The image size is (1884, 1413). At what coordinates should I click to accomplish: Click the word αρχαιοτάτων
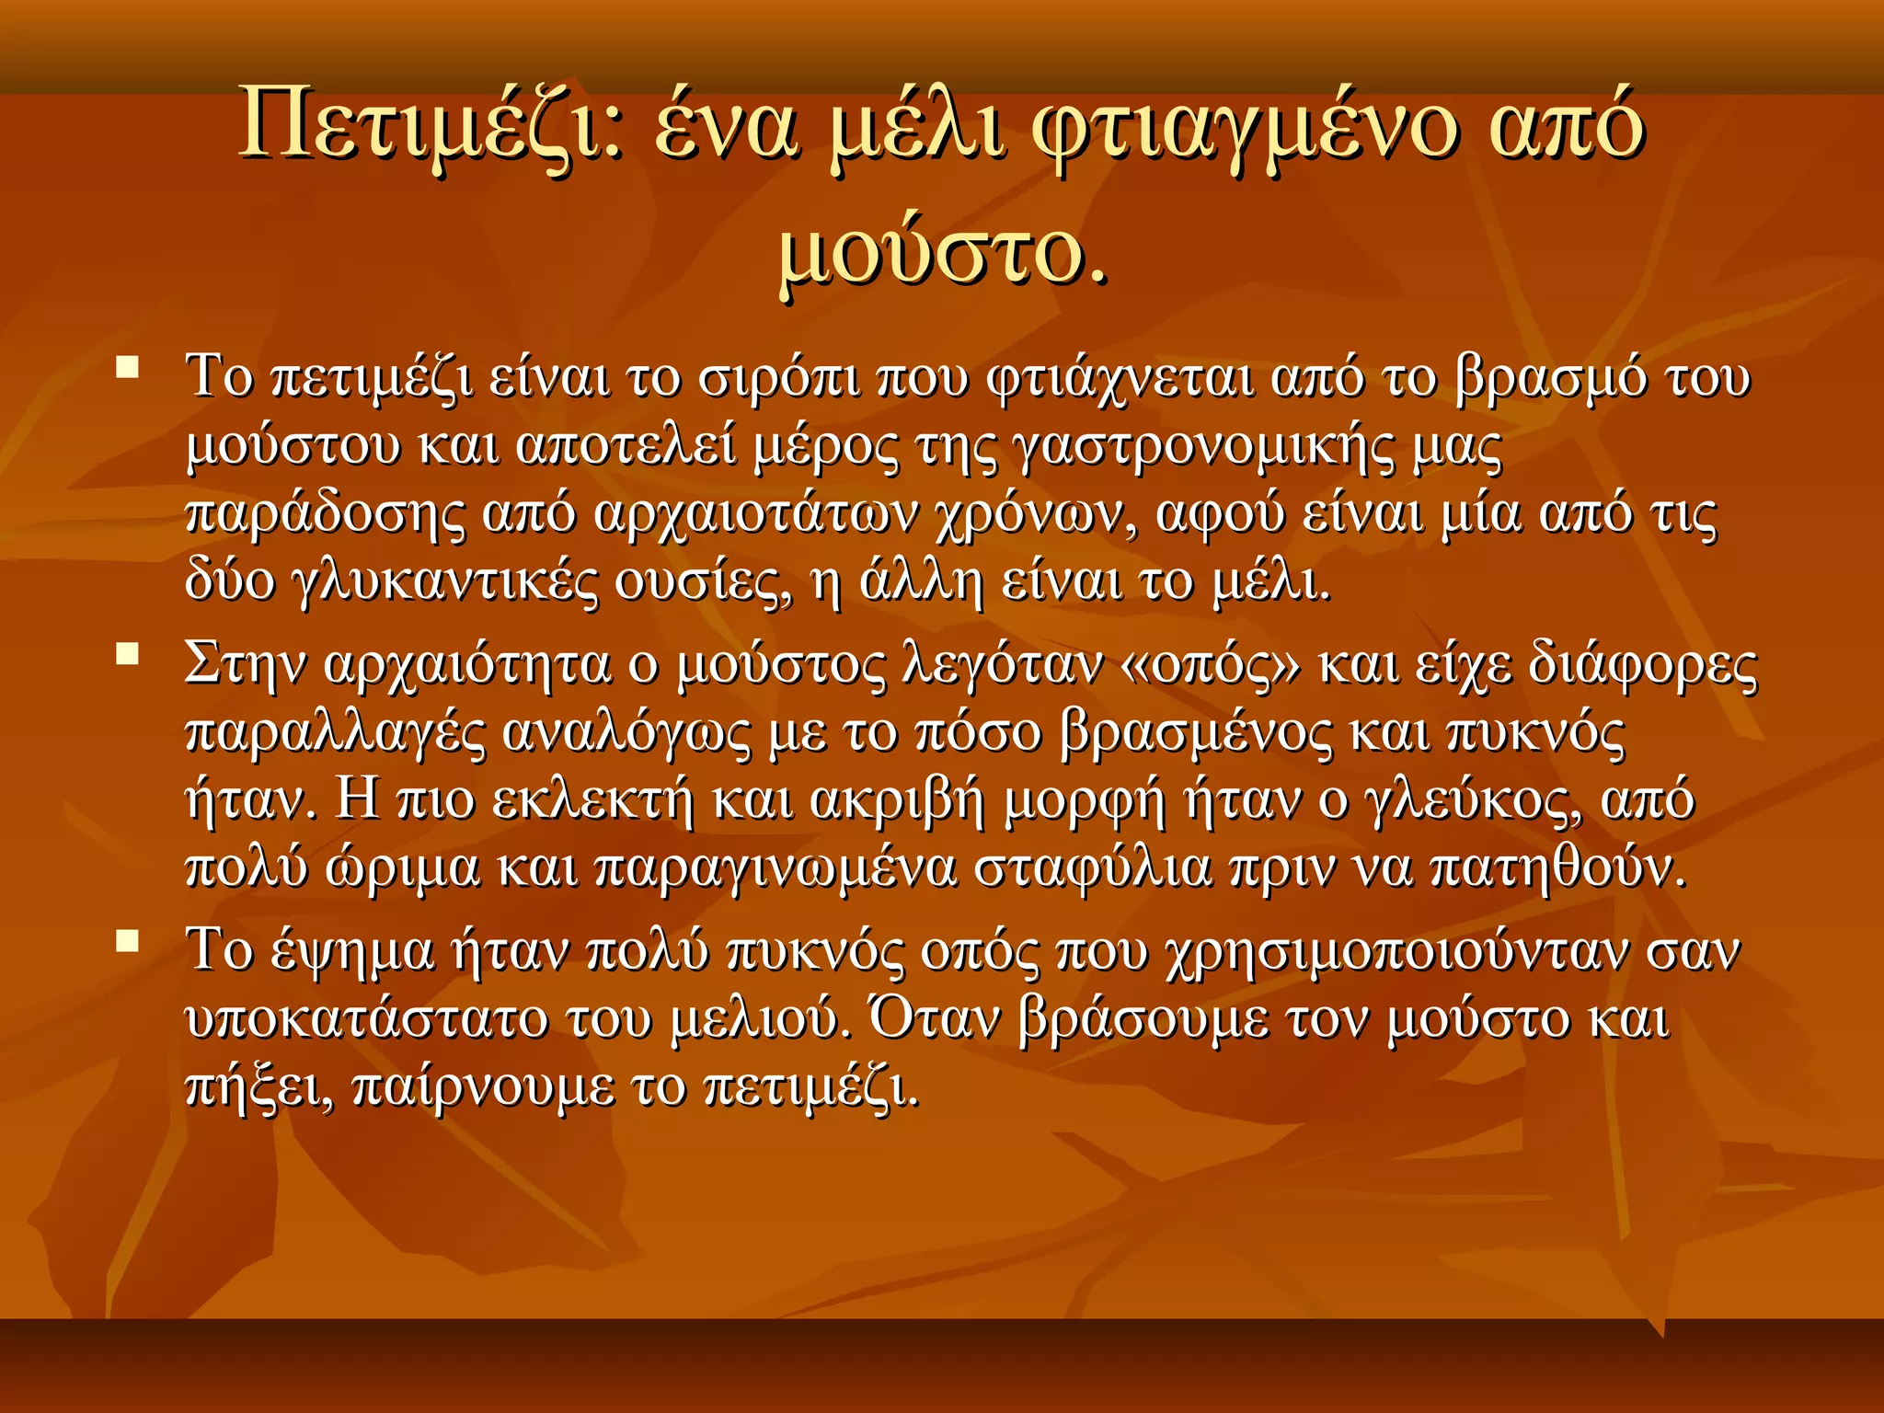755,514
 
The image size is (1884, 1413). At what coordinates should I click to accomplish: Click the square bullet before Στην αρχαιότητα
128,654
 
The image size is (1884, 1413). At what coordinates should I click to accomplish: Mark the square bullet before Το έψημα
128,940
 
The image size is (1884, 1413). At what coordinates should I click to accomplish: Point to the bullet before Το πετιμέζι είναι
128,368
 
